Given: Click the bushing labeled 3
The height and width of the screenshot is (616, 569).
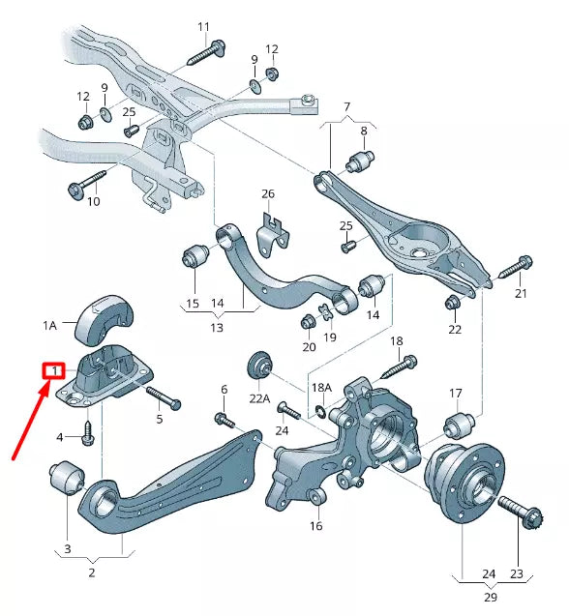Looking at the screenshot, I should point(68,477).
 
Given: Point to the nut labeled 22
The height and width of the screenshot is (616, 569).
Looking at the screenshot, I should point(451,304).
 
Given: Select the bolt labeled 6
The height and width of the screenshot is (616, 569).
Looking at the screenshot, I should point(224,420).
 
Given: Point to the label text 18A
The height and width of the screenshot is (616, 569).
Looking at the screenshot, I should point(320,387).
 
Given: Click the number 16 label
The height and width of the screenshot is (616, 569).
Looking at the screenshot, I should point(315,526).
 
